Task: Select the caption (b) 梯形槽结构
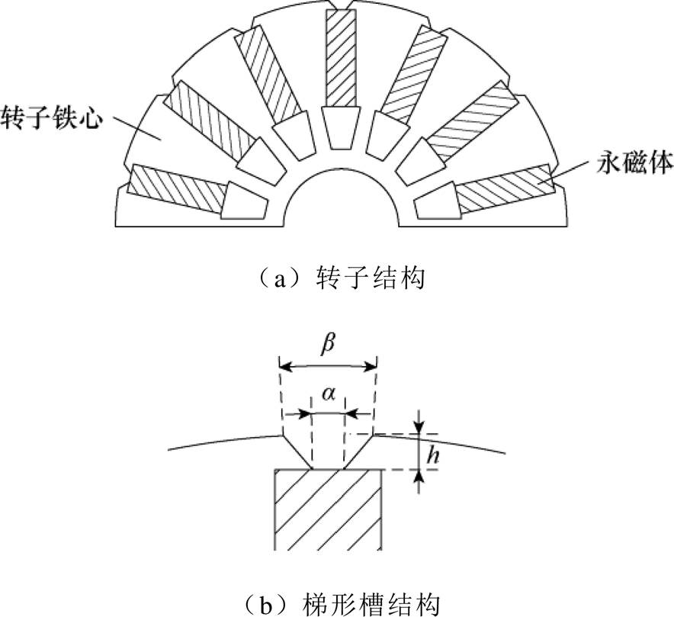click(337, 601)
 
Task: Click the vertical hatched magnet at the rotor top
click(339, 57)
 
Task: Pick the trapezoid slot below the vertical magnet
click(339, 124)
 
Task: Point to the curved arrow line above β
click(328, 366)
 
